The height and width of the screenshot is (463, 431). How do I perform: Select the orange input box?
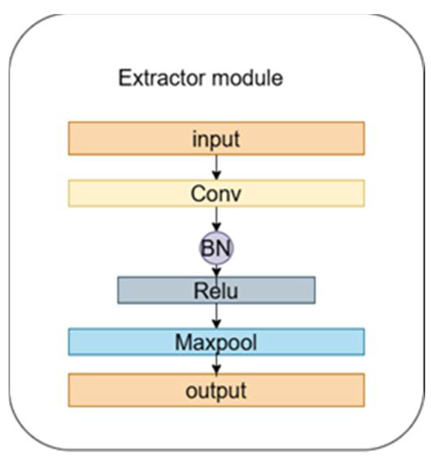coord(115,139)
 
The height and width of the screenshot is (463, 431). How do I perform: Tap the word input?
coord(216,139)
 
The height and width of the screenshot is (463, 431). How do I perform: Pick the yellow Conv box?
coord(115,193)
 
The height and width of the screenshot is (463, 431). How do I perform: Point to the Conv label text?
coord(216,193)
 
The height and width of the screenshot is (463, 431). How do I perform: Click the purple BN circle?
coord(216,248)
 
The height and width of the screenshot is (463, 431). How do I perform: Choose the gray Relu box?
coord(154,291)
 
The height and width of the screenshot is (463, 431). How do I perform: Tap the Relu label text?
coord(216,291)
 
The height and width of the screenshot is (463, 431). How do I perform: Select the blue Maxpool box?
coord(115,342)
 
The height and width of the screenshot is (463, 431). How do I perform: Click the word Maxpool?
coord(216,342)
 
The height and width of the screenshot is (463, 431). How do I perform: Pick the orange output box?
coord(115,390)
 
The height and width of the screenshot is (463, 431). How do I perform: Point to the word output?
coord(216,390)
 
